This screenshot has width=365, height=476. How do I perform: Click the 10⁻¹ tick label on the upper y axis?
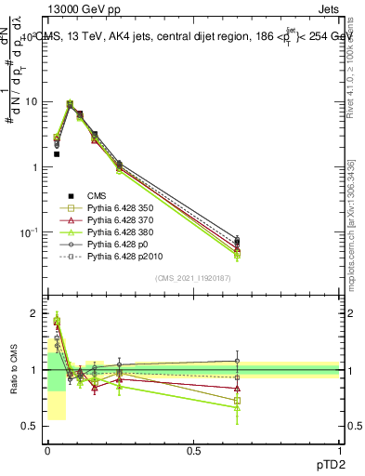(x=28, y=231)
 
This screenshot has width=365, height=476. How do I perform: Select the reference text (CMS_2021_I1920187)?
(x=192, y=278)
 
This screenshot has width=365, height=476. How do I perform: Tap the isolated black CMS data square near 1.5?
(x=57, y=154)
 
